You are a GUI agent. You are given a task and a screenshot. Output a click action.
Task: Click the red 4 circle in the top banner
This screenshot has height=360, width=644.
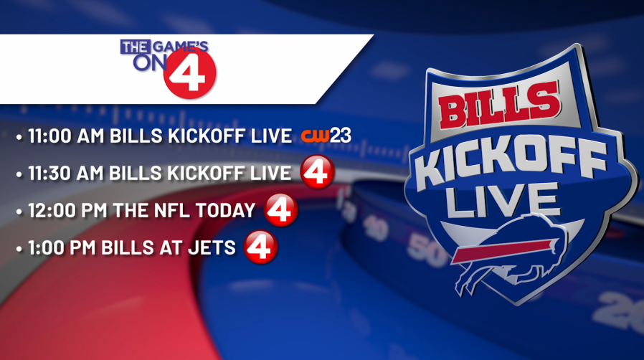[x=190, y=73]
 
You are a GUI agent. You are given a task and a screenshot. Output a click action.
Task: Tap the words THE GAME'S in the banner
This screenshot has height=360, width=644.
[x=164, y=47]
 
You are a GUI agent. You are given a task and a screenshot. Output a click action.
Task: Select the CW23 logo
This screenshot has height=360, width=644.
[x=326, y=136]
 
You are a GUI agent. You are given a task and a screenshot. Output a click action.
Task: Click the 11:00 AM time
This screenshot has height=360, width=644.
[x=66, y=136]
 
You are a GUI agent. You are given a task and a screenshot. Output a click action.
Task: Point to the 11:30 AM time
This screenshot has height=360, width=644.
[x=66, y=174]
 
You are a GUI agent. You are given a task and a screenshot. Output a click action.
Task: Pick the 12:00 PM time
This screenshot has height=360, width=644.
[x=67, y=211]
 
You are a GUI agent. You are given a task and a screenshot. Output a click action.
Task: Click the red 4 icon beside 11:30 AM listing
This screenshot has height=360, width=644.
[x=317, y=172]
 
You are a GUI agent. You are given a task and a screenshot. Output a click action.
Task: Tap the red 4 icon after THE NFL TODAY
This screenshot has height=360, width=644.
[x=281, y=209]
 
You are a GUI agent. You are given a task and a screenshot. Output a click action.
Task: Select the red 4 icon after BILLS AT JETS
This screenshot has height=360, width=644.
[x=260, y=247]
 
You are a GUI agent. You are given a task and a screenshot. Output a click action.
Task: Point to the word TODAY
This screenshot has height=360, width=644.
[x=225, y=211]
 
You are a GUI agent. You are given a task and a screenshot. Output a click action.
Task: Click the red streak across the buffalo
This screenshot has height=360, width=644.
[x=503, y=250]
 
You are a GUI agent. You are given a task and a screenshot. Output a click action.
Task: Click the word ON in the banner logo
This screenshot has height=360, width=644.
[x=148, y=63]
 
